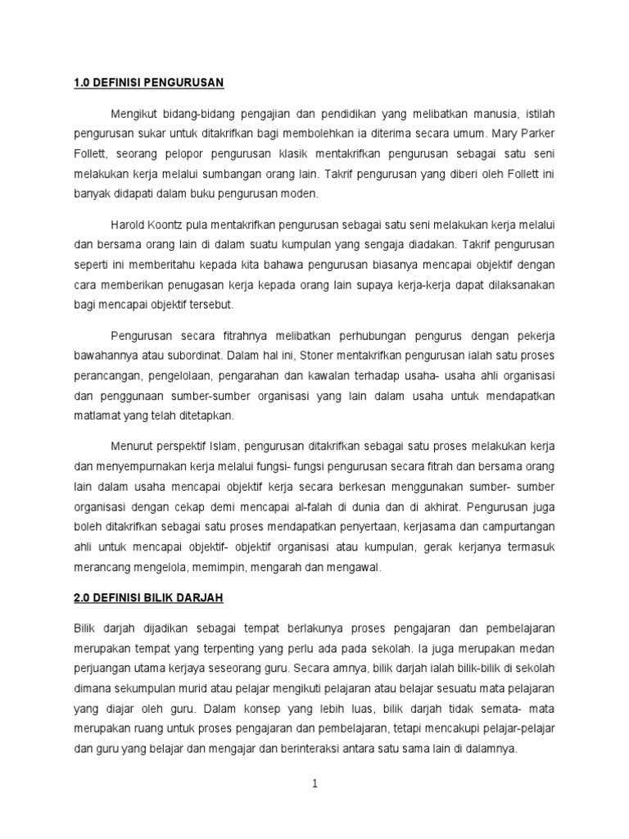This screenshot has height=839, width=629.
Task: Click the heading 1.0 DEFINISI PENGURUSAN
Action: [x=149, y=83]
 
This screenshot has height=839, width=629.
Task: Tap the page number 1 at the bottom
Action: [x=314, y=783]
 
